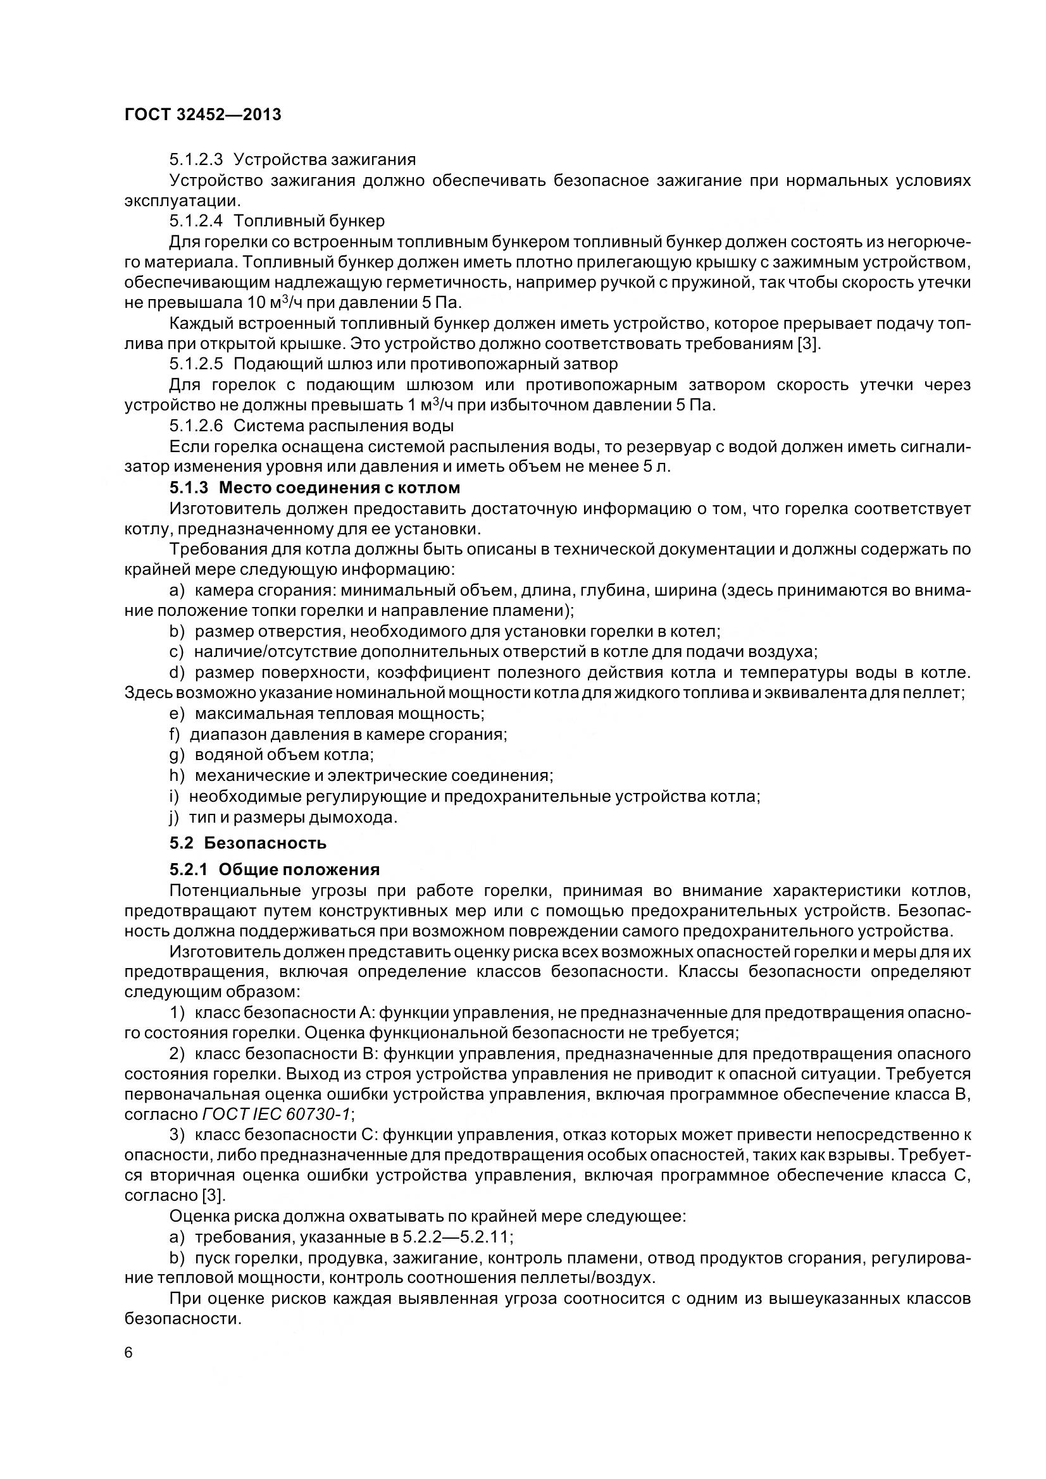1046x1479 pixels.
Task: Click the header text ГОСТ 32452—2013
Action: click(x=203, y=114)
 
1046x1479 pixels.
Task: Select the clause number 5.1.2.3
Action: click(x=196, y=159)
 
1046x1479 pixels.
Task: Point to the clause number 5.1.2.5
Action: click(x=196, y=364)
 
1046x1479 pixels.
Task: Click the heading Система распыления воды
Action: click(x=343, y=426)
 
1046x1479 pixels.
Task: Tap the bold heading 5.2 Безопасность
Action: click(x=247, y=842)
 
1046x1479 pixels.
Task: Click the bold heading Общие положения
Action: click(x=299, y=869)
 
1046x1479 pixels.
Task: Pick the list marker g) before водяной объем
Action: click(x=177, y=754)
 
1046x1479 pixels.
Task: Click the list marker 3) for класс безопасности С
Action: click(x=177, y=1134)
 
